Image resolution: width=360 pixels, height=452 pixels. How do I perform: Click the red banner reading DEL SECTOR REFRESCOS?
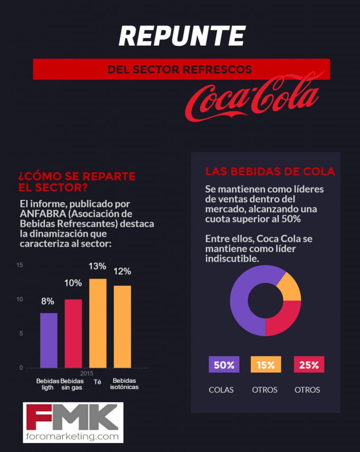[x=181, y=69]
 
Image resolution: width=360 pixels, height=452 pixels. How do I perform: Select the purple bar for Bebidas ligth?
[x=49, y=340]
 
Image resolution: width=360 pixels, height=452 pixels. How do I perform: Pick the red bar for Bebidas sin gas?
[x=73, y=333]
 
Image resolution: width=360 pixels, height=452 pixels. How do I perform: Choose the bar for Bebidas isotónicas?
[x=122, y=327]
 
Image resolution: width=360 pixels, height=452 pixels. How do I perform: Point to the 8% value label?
[x=48, y=301]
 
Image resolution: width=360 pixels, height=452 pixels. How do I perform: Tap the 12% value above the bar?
[x=122, y=271]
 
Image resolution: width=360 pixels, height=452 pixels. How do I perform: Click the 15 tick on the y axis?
[x=19, y=265]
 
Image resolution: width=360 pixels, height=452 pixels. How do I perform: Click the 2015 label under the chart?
[x=86, y=373]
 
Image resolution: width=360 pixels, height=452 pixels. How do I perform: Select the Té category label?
[x=98, y=381]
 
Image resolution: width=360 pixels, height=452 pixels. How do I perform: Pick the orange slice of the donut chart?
[x=290, y=286]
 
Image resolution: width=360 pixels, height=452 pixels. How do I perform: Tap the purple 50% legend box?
[x=224, y=365]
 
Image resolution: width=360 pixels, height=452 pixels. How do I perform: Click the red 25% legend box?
[x=309, y=365]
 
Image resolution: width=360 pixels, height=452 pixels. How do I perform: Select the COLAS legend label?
[x=221, y=390]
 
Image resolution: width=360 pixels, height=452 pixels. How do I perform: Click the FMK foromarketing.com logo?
[x=73, y=422]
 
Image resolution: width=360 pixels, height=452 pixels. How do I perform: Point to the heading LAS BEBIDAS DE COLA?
[x=270, y=171]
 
